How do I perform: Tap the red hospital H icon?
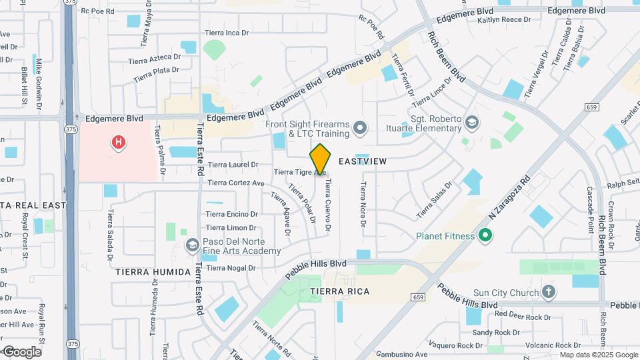coord(119,142)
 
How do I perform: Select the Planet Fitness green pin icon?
coord(486,235)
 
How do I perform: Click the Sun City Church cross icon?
coord(548,291)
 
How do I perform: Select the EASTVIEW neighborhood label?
coord(363,161)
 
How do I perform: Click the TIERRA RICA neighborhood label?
coord(339,292)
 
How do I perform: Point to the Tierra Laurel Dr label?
coord(233,165)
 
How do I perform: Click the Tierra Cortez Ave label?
coord(237,183)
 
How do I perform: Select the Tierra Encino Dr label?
coord(231,214)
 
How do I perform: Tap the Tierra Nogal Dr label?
coord(231,268)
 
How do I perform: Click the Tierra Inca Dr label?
coord(227,32)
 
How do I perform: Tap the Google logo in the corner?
coord(22,351)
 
